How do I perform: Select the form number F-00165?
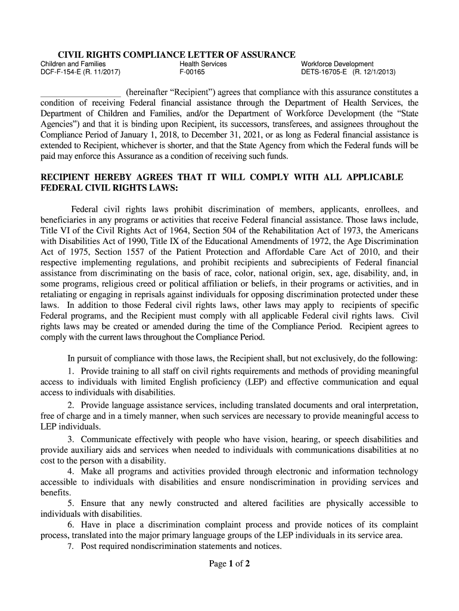click(x=192, y=73)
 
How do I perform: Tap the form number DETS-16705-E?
click(x=325, y=73)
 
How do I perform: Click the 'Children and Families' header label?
click(x=73, y=64)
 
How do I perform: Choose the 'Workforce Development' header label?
click(x=337, y=64)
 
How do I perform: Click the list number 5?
click(x=70, y=503)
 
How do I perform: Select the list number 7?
click(x=70, y=546)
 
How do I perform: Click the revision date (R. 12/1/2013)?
click(x=374, y=73)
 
